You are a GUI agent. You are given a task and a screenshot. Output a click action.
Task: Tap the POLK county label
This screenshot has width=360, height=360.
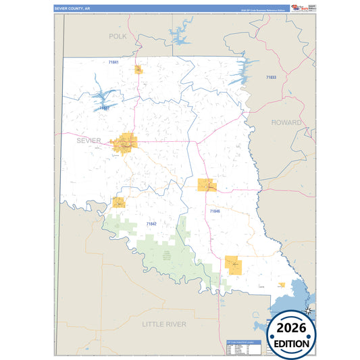[118, 35]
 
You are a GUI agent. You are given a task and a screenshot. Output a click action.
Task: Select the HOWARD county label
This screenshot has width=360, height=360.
[286, 122]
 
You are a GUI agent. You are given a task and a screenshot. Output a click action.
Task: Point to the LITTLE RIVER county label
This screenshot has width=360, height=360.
[163, 324]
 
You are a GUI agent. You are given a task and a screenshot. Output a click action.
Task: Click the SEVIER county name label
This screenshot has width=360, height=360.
[88, 140]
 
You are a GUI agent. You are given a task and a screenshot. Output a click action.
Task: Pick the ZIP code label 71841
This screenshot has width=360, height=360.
[113, 63]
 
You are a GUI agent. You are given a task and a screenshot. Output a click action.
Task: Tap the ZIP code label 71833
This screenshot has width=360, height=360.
[271, 78]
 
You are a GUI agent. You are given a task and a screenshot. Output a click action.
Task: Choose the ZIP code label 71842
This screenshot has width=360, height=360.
[151, 224]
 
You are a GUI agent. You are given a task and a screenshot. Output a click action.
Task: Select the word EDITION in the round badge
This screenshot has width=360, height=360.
[292, 343]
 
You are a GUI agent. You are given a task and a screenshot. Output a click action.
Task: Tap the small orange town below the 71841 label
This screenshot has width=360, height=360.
[138, 69]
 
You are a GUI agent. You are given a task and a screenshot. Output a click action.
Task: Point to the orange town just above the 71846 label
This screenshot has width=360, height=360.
[207, 185]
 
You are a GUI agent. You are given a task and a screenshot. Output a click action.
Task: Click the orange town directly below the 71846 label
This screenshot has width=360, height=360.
[234, 265]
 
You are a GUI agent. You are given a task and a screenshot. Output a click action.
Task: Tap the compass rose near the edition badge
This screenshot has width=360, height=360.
[308, 311]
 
